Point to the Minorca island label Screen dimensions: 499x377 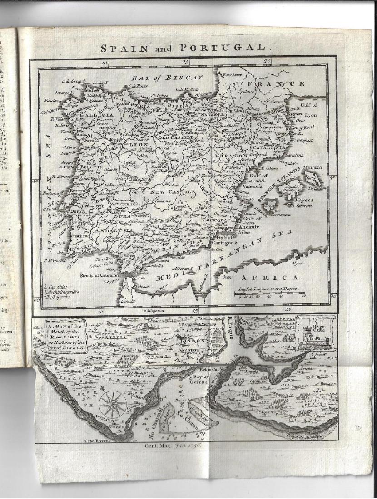pos(311,167)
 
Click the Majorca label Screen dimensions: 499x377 pos(304,199)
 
